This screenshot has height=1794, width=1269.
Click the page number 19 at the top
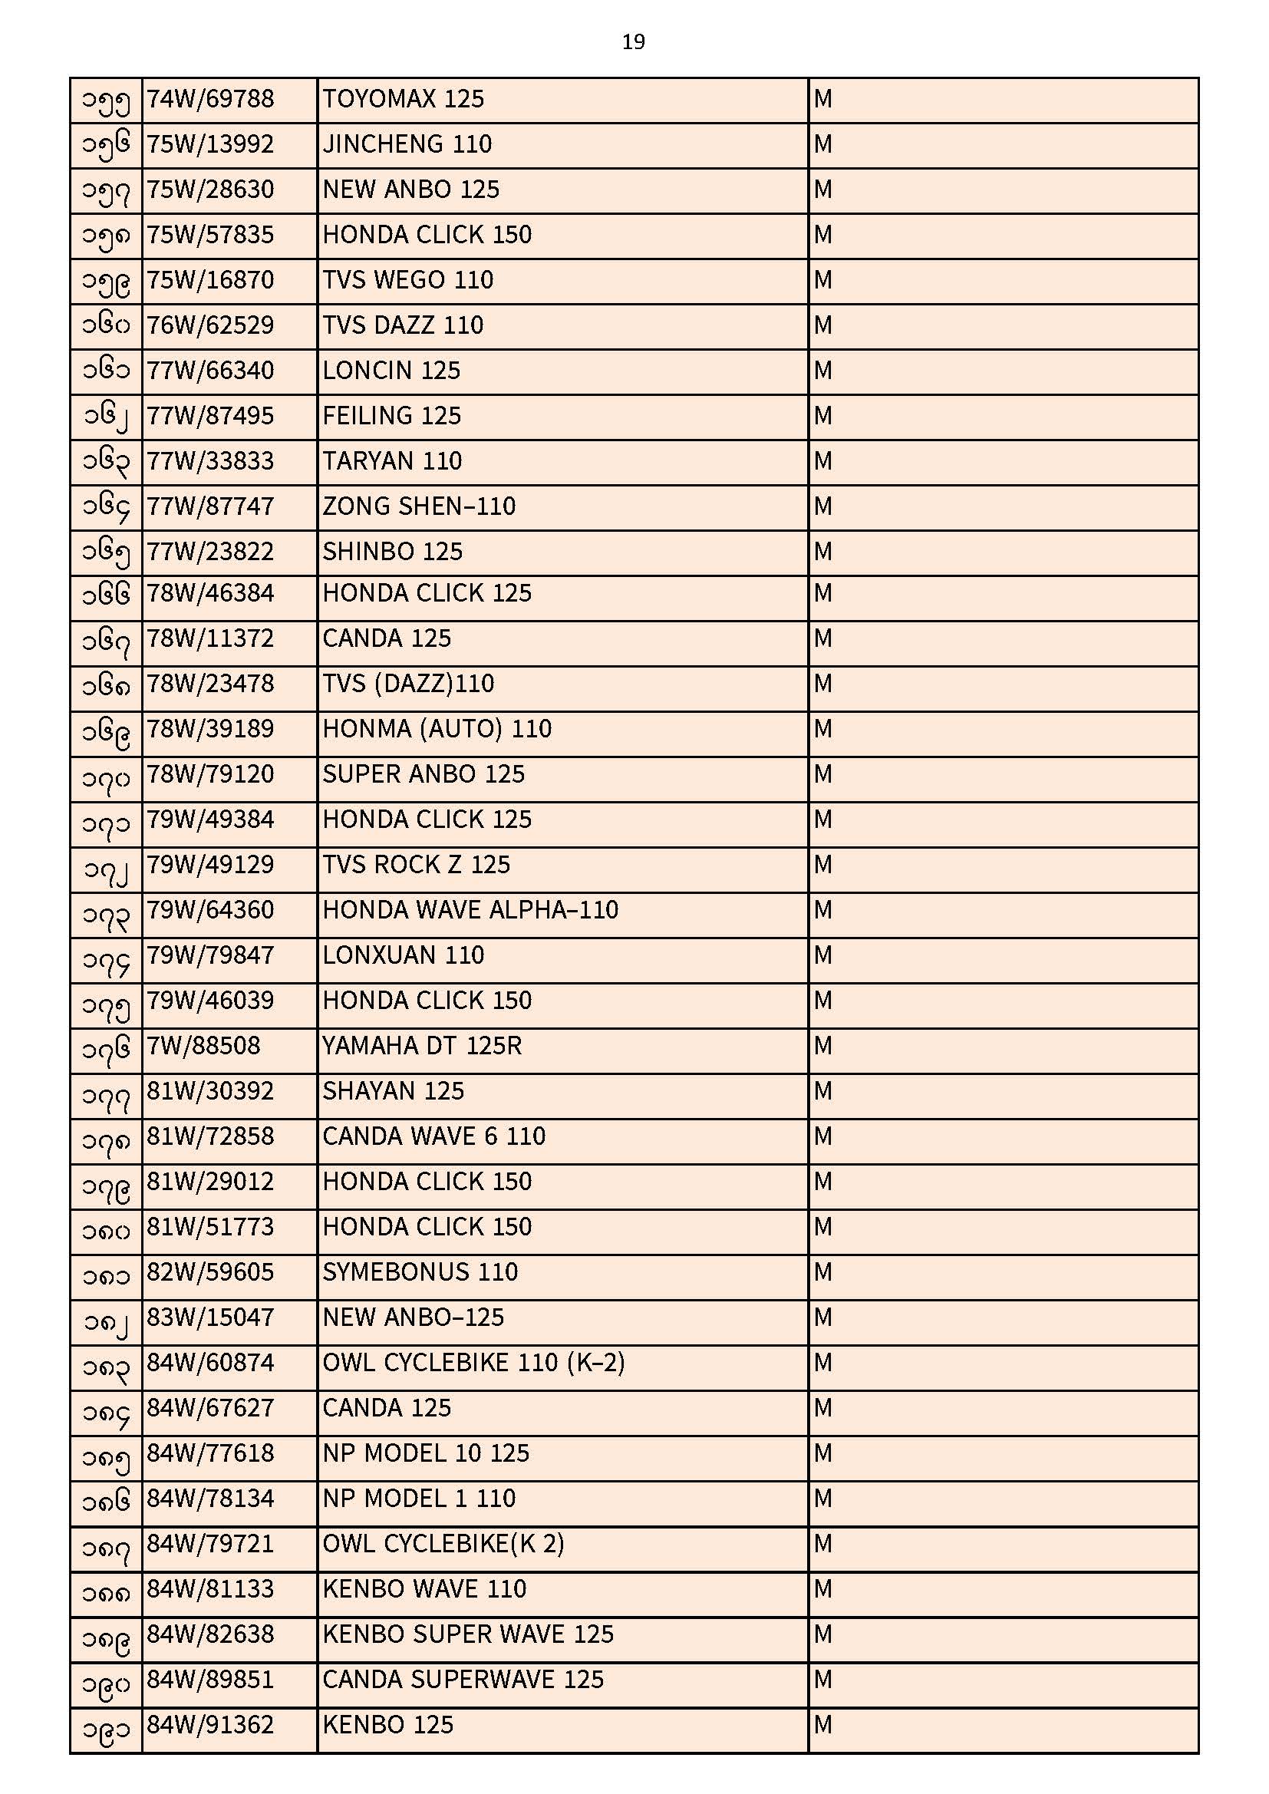[x=633, y=42]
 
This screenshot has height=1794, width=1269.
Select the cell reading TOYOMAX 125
[x=404, y=99]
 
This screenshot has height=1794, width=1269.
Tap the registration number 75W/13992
[x=210, y=144]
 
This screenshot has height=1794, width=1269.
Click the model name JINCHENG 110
[x=407, y=144]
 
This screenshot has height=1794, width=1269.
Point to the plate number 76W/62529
[x=210, y=325]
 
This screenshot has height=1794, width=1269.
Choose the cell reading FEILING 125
[x=391, y=416]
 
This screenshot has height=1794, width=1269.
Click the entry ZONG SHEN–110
[x=419, y=506]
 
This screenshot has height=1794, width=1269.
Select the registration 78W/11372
[x=210, y=638]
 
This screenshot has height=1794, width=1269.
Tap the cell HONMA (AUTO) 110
[x=437, y=729]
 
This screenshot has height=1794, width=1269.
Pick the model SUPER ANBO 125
[x=424, y=774]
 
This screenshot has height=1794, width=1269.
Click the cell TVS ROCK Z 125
[x=416, y=865]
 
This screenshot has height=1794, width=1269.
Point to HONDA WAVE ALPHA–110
[x=470, y=910]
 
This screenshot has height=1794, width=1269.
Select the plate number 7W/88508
[x=203, y=1045]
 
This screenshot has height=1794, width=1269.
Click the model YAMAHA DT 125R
[x=422, y=1045]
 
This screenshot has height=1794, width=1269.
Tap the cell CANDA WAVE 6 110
[x=433, y=1136]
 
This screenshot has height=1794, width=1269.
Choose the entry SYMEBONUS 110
[x=420, y=1272]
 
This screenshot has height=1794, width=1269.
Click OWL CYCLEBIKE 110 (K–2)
[x=473, y=1363]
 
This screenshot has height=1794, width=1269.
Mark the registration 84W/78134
[x=210, y=1499]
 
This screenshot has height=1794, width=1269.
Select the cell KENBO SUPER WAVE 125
[x=468, y=1634]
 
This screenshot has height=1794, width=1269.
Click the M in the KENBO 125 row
[x=822, y=1725]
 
